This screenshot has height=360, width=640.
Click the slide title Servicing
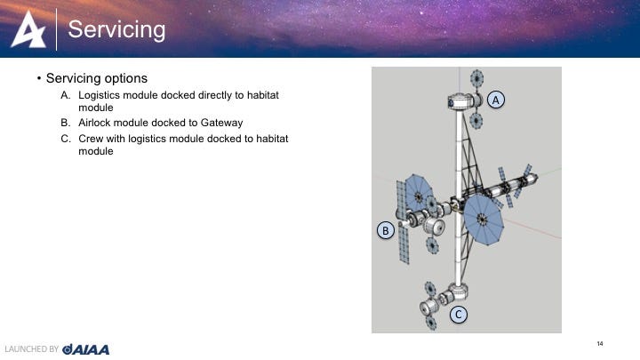tap(116, 30)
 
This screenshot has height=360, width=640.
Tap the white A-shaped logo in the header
tap(28, 29)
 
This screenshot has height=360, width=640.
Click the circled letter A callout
tap(495, 100)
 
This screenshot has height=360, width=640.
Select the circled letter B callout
tap(385, 230)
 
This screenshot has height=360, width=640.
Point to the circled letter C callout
tap(459, 315)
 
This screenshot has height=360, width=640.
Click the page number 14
tap(600, 344)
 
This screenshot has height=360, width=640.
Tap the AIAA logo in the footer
tap(85, 349)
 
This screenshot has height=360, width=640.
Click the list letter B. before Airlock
tap(65, 123)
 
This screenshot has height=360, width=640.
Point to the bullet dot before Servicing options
tap(39, 78)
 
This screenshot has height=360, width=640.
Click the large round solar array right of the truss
tap(484, 220)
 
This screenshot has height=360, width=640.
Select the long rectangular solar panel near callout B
tap(403, 222)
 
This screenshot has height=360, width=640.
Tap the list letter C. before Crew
tap(65, 139)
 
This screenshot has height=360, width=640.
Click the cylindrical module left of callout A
tap(461, 101)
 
